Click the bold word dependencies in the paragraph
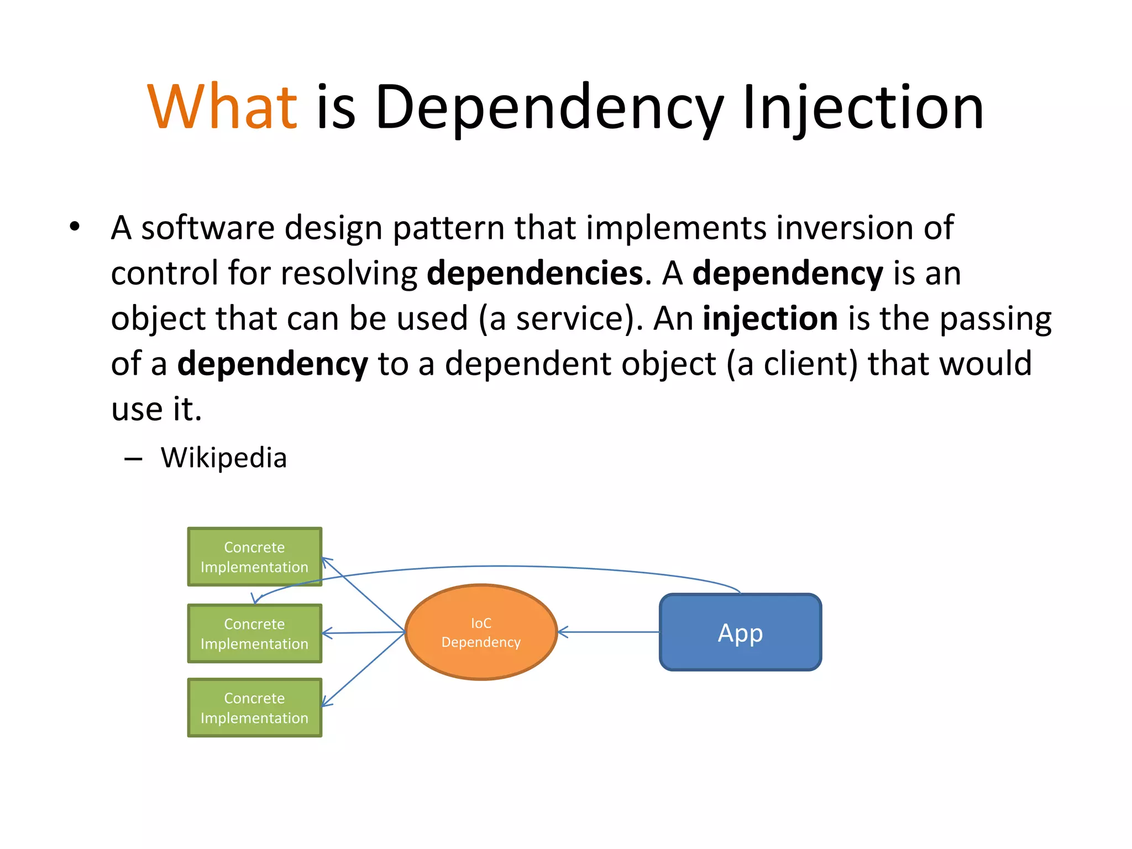[535, 273]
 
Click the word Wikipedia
[224, 458]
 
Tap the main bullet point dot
[75, 227]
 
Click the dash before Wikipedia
[133, 459]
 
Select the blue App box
[740, 632]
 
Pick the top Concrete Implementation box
[254, 557]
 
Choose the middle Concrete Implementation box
[254, 633]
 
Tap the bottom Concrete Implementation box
[254, 707]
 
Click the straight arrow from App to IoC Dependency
[608, 632]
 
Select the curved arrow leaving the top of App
[497, 567]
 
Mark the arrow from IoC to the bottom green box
[363, 669]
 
